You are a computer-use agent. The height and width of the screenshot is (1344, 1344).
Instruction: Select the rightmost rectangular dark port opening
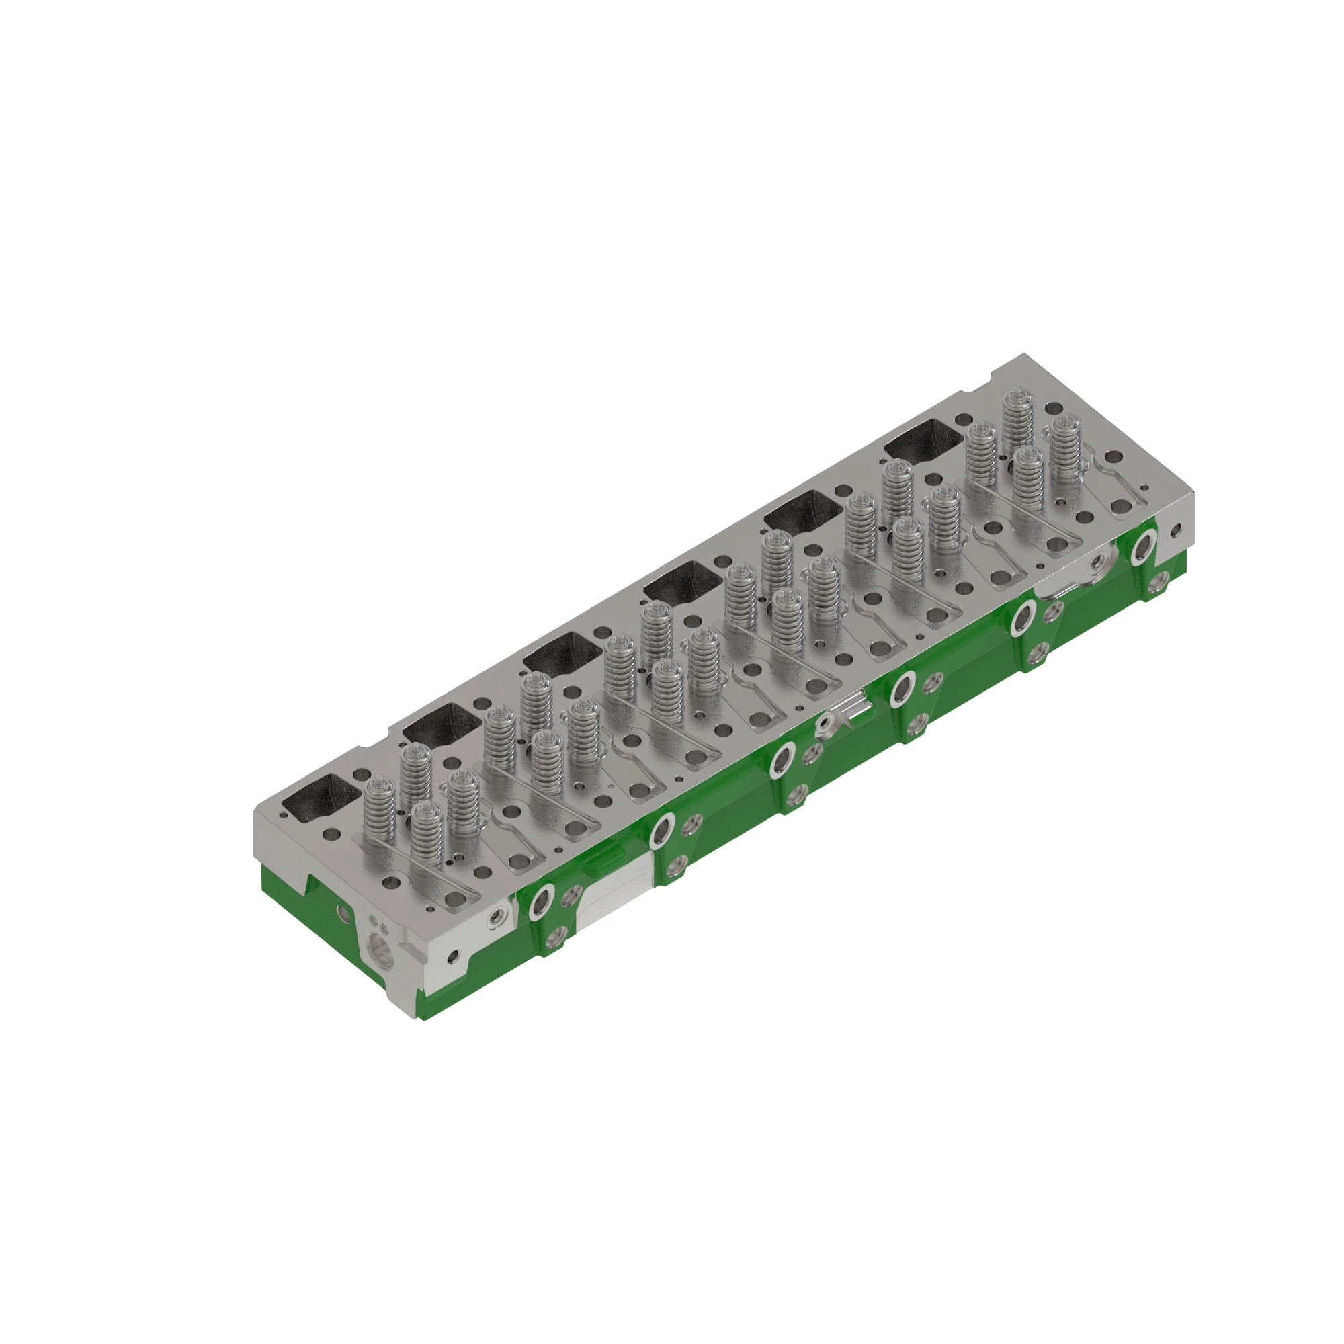click(924, 442)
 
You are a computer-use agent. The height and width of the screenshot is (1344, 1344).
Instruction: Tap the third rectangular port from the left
click(562, 655)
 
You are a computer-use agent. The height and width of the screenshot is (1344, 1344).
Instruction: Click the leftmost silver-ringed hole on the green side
click(540, 902)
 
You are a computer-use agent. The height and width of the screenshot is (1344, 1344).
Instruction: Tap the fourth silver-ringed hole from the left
click(902, 689)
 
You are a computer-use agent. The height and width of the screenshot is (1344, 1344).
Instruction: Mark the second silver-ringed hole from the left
click(661, 831)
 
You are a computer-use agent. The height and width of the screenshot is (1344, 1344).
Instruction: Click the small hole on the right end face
click(1175, 532)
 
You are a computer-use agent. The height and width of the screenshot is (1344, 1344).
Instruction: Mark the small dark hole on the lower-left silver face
click(454, 956)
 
